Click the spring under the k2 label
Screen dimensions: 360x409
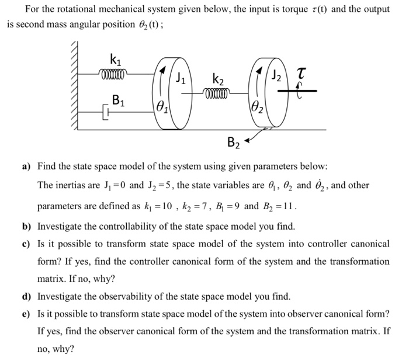[x=217, y=92]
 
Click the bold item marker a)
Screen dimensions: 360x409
[x=26, y=167]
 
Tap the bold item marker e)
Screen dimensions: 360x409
[x=26, y=314]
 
